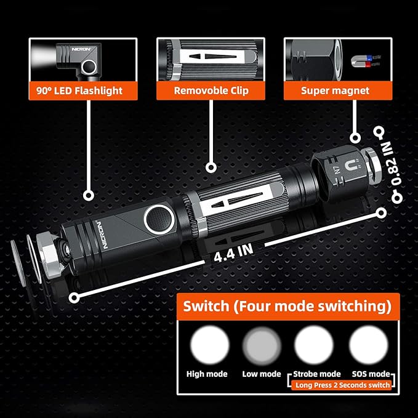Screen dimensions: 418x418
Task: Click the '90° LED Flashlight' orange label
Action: [83, 90]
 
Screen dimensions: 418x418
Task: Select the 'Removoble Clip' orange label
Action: [211, 90]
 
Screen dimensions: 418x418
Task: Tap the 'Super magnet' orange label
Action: [338, 90]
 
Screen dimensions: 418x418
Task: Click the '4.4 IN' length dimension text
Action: [233, 253]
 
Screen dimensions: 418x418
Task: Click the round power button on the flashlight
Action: [159, 219]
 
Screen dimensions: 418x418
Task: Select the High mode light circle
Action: [209, 345]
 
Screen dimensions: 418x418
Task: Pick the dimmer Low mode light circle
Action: [262, 346]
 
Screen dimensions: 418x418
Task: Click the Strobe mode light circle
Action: [314, 345]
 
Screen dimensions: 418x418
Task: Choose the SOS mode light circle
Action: [369, 345]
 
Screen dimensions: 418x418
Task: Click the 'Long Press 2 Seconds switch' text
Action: [342, 385]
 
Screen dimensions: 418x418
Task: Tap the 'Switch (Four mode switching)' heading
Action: [287, 306]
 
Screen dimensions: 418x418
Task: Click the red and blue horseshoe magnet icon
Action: [364, 61]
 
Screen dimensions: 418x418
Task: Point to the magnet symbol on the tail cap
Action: [352, 166]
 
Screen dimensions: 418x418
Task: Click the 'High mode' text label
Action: [207, 374]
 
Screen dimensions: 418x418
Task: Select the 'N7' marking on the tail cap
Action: [337, 171]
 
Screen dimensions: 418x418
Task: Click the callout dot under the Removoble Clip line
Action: [211, 167]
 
